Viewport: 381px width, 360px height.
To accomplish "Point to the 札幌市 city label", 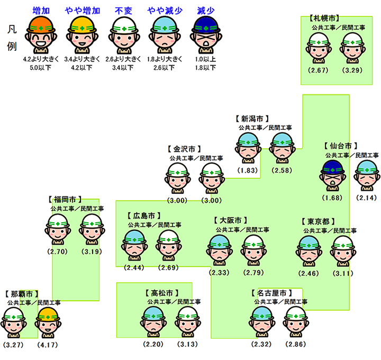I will pos(324,19).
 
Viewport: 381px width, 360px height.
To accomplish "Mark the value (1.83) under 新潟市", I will pos(247,170).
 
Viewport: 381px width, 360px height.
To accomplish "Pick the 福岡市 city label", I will pos(65,200).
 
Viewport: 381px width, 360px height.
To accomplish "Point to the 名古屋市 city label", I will pos(271,293).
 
